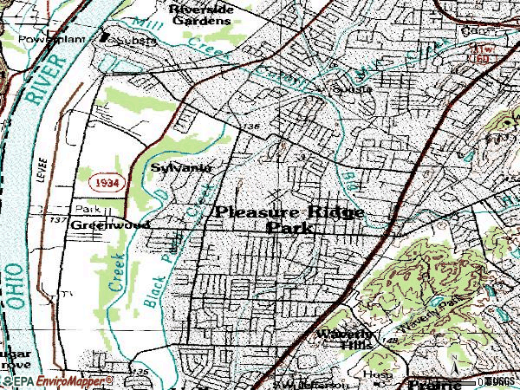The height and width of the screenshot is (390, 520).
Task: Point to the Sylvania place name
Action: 180,166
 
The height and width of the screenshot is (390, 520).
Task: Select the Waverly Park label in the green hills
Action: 442,303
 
